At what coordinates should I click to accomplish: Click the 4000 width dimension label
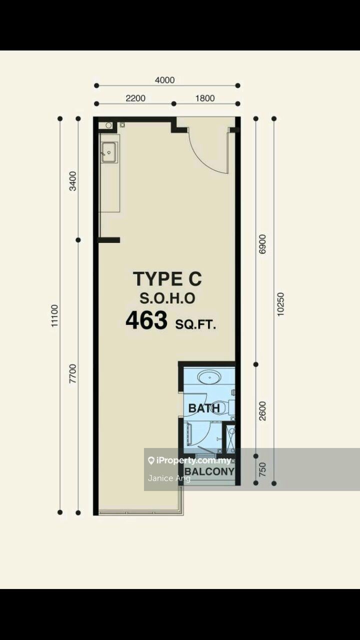point(164,80)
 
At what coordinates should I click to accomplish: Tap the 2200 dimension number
point(135,98)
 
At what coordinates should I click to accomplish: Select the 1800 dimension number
point(205,98)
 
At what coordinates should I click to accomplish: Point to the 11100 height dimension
point(54,315)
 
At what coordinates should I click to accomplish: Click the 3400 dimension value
point(73,181)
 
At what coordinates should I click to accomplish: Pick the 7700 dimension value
point(73,373)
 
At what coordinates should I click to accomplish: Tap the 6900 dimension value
point(262,244)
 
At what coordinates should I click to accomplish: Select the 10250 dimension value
point(280,304)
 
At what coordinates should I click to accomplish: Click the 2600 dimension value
point(262,411)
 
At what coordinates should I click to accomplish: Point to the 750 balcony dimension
point(262,469)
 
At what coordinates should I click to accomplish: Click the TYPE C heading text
point(167,279)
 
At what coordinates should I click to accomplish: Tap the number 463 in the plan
point(146,320)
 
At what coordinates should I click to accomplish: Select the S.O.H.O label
point(167,298)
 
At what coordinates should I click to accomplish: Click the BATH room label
point(204,408)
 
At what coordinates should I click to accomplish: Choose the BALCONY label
point(209,471)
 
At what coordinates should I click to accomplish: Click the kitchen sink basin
point(109,152)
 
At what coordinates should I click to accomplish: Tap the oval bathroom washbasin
point(209,377)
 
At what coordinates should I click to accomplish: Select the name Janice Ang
point(169,478)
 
